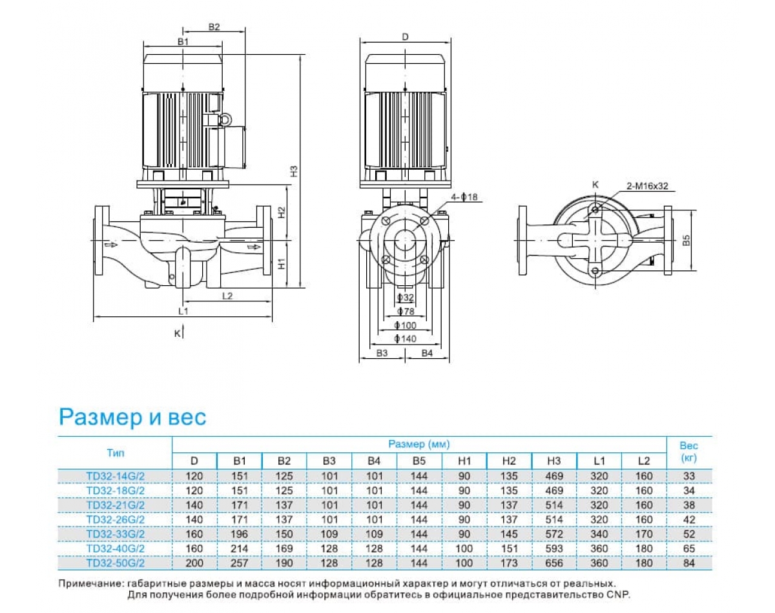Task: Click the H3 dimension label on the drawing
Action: click(293, 172)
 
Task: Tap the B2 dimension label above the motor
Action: click(214, 27)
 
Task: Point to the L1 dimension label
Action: click(183, 311)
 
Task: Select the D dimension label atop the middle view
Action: click(405, 37)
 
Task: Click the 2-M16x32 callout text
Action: click(647, 186)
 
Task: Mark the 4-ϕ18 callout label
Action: click(464, 197)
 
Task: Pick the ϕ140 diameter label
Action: click(406, 339)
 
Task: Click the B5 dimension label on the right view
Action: click(687, 240)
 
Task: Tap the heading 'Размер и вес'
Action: click(132, 417)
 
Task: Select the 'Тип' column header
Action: click(116, 452)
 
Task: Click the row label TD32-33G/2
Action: click(116, 534)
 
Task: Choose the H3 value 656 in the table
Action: click(554, 563)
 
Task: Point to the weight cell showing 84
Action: click(688, 563)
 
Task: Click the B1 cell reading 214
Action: click(240, 548)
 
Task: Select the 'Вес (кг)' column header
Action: click(688, 452)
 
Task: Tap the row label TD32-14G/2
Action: click(116, 476)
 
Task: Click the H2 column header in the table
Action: click(509, 461)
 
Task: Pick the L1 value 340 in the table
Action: click(599, 534)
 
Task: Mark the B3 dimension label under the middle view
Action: click(382, 353)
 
